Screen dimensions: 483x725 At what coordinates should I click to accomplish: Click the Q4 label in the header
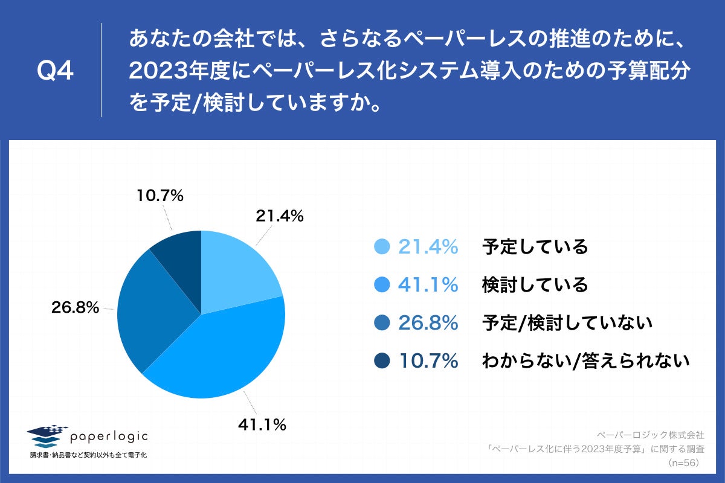click(x=55, y=71)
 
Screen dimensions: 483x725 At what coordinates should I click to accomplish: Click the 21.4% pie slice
click(x=239, y=272)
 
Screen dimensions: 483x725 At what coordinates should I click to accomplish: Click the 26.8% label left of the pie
click(x=76, y=307)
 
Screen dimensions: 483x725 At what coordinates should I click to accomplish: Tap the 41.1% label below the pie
click(x=261, y=425)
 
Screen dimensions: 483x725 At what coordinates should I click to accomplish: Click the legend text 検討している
click(x=535, y=285)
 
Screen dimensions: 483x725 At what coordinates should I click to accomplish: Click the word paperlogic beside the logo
click(x=109, y=436)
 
